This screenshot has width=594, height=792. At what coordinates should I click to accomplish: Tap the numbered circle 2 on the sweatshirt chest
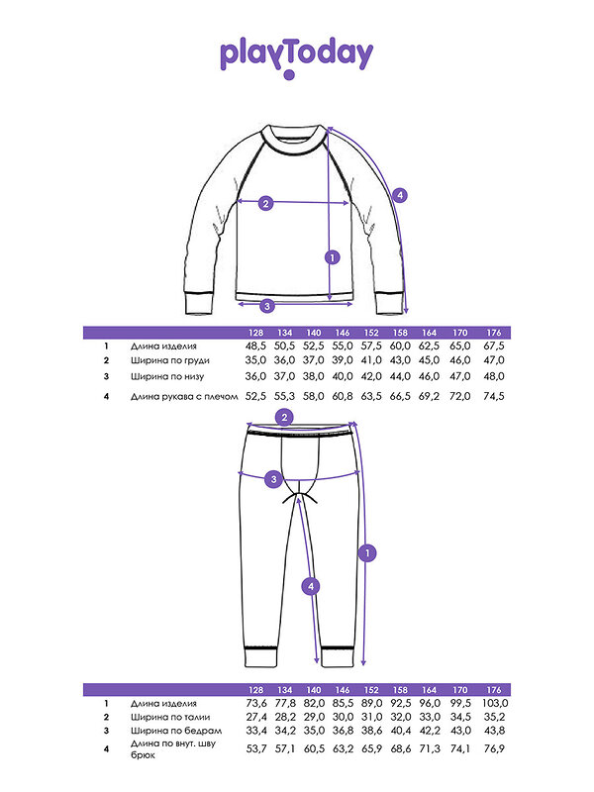[265, 203]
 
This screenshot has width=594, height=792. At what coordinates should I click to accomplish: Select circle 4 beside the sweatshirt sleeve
[400, 195]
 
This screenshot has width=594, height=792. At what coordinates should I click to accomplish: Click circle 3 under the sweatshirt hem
[267, 306]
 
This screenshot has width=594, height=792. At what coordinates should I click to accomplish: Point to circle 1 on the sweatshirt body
[332, 257]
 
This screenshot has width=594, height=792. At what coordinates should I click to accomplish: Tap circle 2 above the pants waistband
[285, 418]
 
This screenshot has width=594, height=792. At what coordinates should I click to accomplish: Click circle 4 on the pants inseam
[311, 586]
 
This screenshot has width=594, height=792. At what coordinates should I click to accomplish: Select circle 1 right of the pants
[367, 553]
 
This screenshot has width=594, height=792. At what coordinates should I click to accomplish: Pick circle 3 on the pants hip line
[274, 479]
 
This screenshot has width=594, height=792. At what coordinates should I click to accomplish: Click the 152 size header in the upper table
[371, 333]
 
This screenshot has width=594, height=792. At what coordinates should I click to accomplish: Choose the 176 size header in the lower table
[493, 690]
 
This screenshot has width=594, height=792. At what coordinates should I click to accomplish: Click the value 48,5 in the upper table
[255, 346]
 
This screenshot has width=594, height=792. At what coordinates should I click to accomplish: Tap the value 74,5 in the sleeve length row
[493, 397]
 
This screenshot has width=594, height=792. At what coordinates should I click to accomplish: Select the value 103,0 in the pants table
[495, 703]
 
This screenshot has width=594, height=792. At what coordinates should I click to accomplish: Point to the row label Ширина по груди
[169, 360]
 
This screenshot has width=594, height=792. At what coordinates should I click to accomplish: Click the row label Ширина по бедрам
[176, 731]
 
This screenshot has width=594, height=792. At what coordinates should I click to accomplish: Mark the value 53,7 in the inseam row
[256, 748]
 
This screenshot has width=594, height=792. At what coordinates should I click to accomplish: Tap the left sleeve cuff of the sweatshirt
[198, 304]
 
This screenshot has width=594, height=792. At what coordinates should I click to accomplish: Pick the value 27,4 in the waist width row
[256, 717]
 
